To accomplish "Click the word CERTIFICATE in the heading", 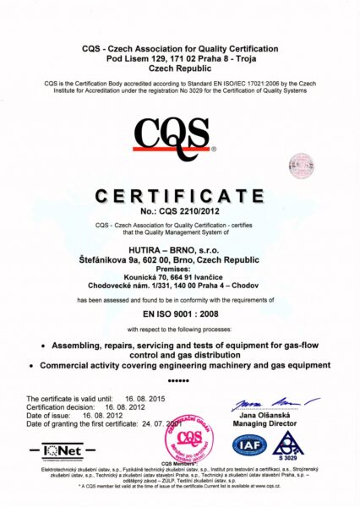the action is (x=179, y=196).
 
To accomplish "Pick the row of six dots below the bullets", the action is (x=179, y=380).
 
